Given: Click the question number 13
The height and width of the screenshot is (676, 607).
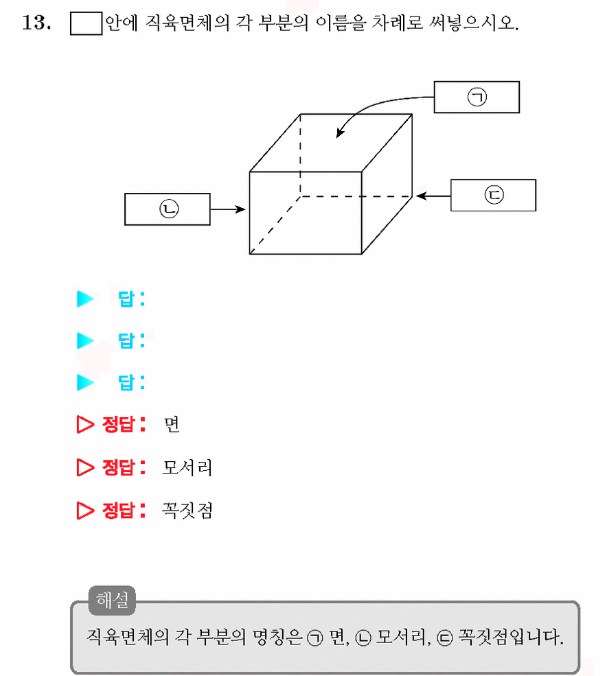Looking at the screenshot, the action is click(x=36, y=23).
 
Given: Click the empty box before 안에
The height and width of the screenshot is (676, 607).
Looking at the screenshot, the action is click(x=87, y=23).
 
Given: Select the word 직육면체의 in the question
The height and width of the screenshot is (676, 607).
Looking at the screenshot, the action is click(x=187, y=23).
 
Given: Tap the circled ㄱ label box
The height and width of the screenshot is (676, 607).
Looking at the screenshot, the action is click(x=477, y=97).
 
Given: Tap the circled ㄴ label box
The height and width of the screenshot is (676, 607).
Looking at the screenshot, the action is click(x=168, y=209).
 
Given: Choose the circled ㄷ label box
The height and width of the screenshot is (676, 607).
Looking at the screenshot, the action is click(x=494, y=196).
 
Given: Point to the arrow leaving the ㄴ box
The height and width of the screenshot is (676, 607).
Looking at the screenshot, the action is click(x=228, y=209).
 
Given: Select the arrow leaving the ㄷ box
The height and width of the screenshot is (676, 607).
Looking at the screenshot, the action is click(x=433, y=196).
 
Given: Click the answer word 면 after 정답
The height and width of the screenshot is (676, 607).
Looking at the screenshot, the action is click(x=171, y=425).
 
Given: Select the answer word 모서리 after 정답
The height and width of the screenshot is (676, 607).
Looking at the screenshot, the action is click(x=187, y=467).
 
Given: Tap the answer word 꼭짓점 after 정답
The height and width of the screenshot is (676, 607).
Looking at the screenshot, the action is click(x=187, y=511).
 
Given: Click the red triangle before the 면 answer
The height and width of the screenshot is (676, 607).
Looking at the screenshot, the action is click(x=84, y=425).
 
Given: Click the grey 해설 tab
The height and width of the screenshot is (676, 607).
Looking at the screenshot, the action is click(x=112, y=600).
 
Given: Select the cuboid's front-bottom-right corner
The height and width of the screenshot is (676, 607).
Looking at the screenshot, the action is click(x=362, y=254).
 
